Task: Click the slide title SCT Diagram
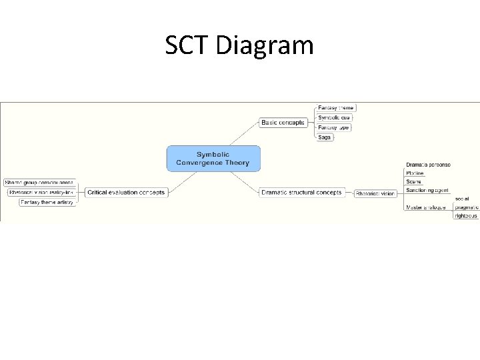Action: pos(239,45)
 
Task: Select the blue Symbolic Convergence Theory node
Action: pos(213,159)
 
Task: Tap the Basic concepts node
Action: pos(283,123)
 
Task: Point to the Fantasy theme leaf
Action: pos(335,107)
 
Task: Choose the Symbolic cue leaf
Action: pos(334,117)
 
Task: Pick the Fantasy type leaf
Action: pos(333,127)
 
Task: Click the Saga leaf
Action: pos(324,137)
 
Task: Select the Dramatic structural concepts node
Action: pos(301,193)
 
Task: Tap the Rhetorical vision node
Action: pos(375,193)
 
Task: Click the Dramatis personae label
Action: pos(428,165)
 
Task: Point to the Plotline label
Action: pos(415,173)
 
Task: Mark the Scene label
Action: pos(413,182)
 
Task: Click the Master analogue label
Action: pos(425,207)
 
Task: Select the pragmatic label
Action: pos(467,207)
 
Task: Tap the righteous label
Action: pos(466,216)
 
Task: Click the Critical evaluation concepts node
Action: pos(125,193)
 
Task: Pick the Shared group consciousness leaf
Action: pos(39,183)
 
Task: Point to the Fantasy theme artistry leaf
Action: pos(47,202)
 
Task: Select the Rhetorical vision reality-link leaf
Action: pos(41,193)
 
